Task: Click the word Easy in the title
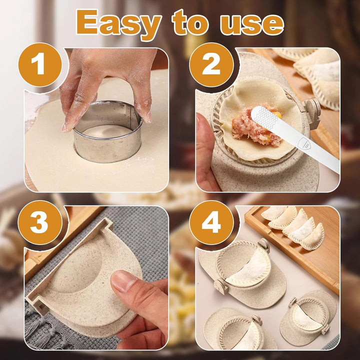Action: (119, 23)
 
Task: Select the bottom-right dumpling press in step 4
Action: (307, 320)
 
